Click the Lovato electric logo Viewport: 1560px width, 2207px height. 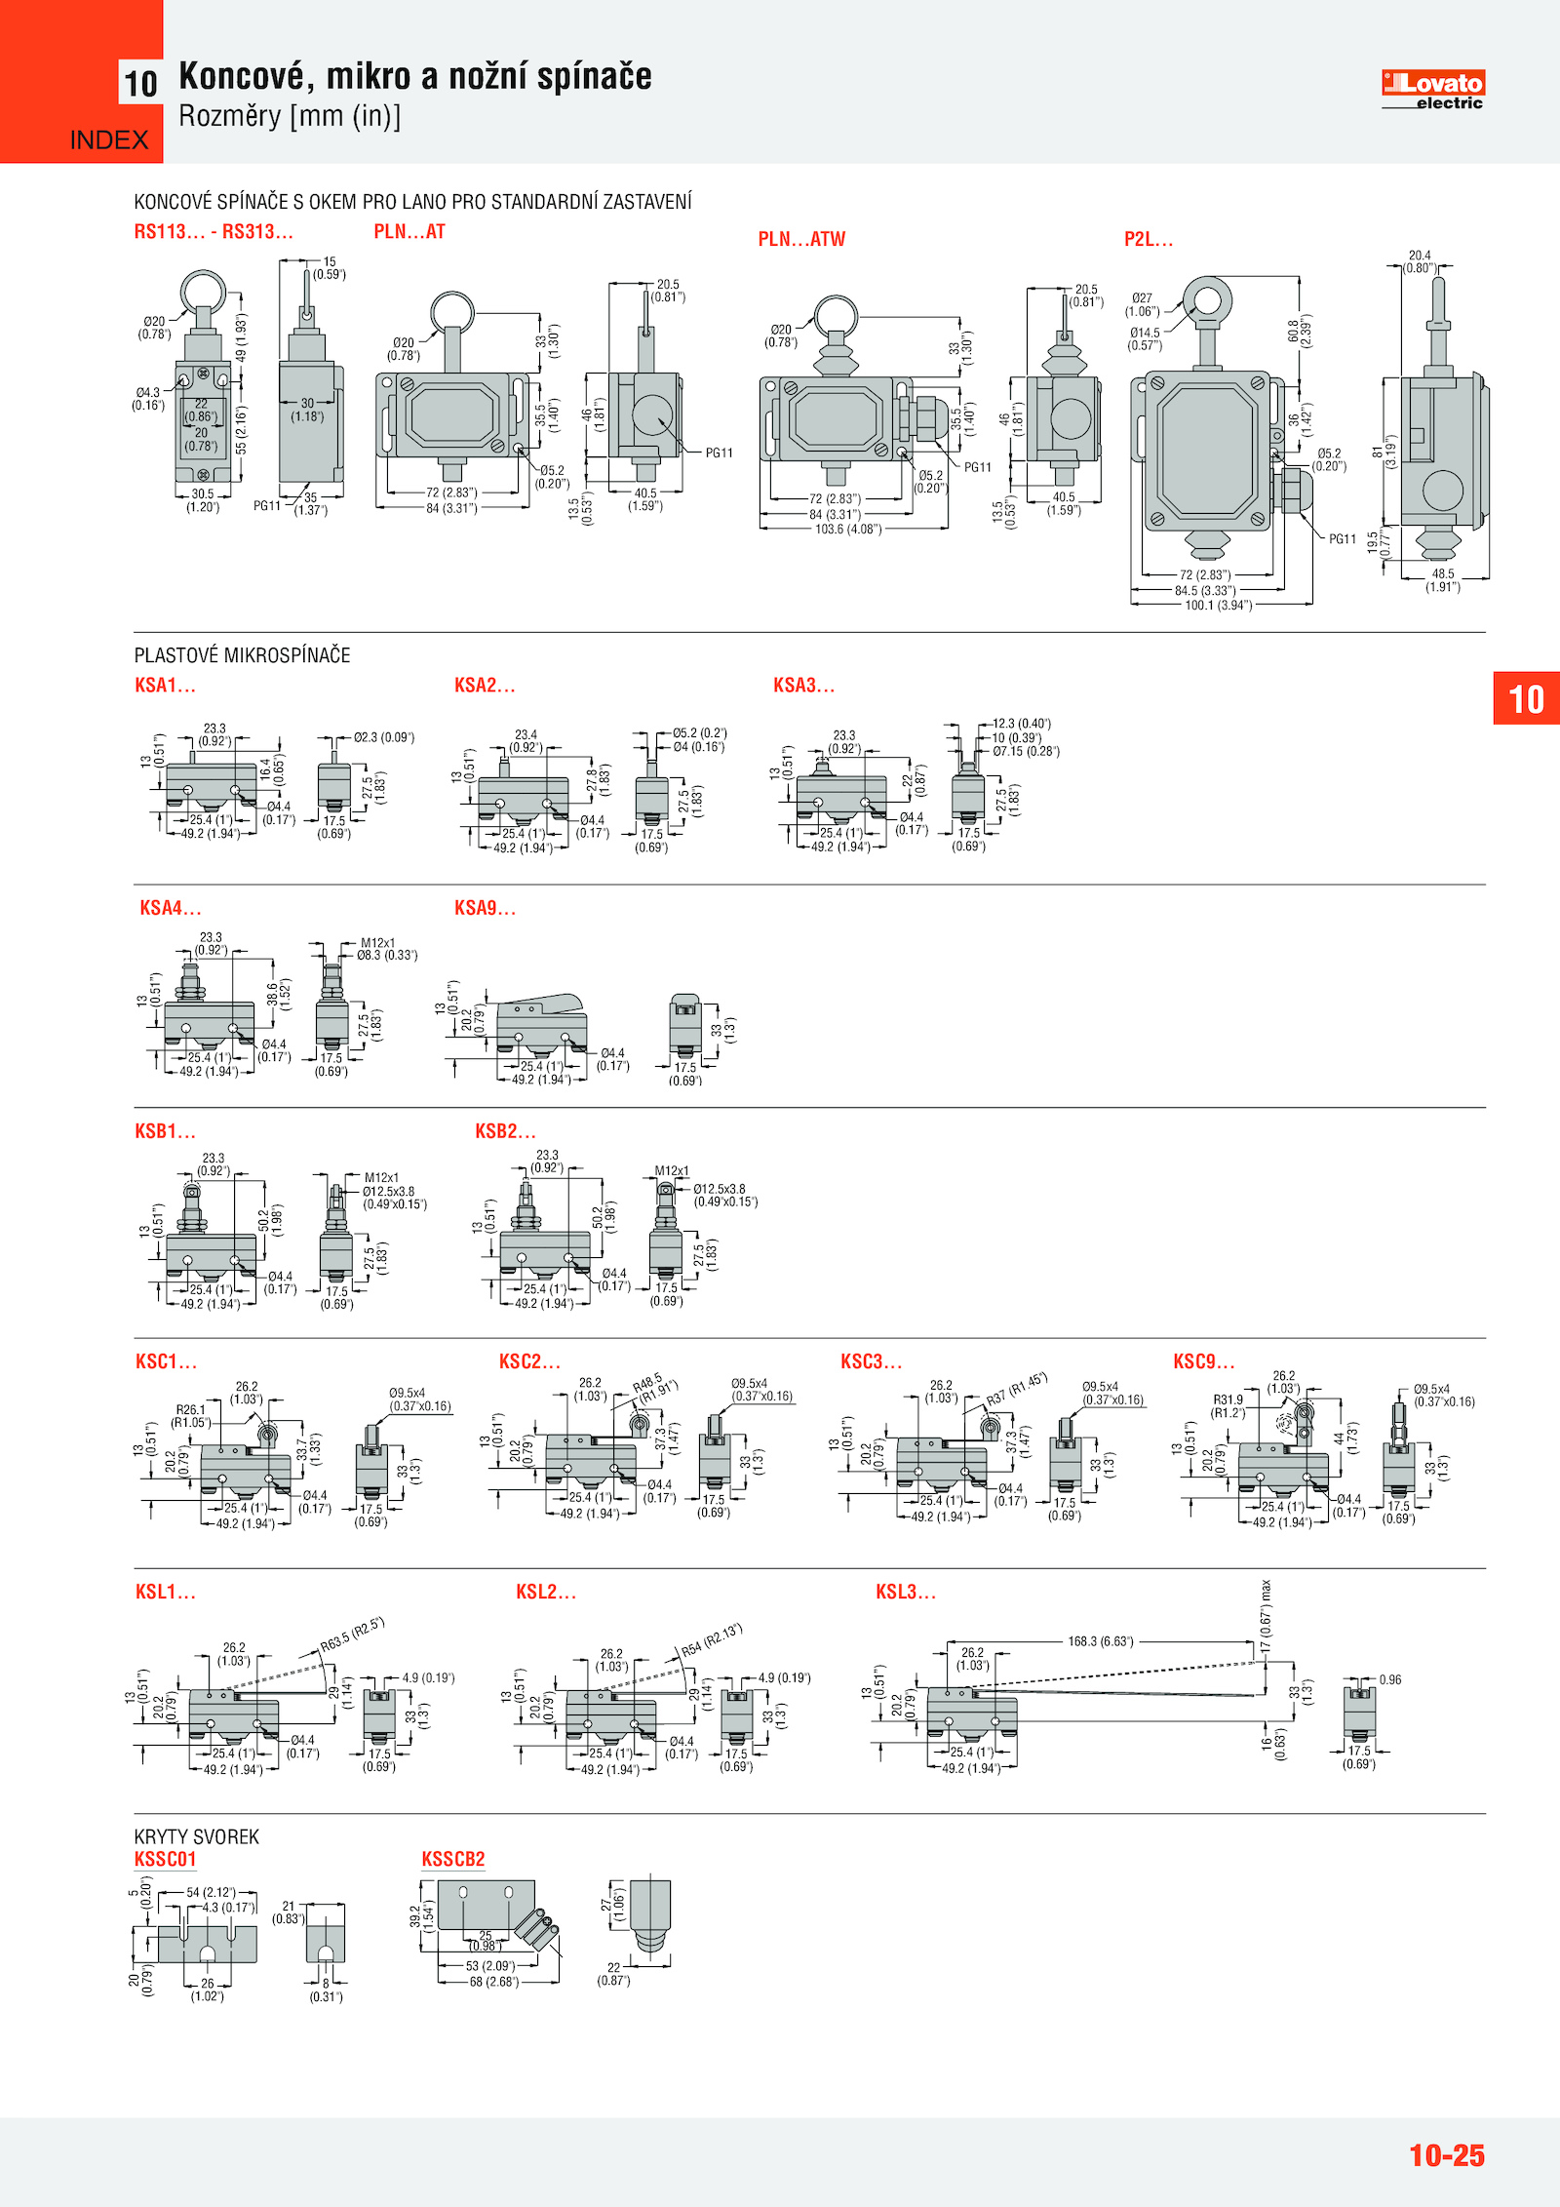tap(1432, 90)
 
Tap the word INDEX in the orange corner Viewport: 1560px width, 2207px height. tap(109, 140)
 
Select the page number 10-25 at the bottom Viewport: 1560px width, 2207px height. tap(1446, 2154)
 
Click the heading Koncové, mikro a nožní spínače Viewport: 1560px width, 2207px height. tap(415, 76)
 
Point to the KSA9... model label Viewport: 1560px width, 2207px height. tap(485, 908)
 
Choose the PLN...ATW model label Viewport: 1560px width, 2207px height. tap(801, 239)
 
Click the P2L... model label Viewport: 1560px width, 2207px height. tap(1149, 239)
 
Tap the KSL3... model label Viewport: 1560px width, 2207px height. tap(905, 1592)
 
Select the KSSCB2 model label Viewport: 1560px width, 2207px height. tap(452, 1859)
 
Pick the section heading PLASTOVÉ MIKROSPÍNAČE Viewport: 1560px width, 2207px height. tap(242, 655)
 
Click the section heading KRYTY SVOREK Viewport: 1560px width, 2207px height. tap(197, 1836)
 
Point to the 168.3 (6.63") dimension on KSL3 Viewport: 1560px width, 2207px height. tap(1101, 1641)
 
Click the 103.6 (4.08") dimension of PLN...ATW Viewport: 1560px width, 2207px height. tap(848, 530)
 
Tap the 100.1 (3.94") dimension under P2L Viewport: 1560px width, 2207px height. tap(1218, 606)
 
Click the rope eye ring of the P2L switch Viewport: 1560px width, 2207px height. tap(1207, 299)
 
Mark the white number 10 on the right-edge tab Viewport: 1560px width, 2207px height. tap(1526, 699)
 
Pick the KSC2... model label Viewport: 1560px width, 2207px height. tap(529, 1361)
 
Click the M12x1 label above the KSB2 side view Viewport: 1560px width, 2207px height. tap(672, 1170)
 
